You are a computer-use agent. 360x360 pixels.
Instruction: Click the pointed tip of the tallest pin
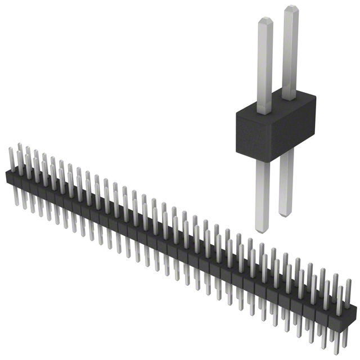click(x=291, y=7)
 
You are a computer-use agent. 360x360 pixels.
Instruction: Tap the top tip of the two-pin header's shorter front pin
click(x=265, y=21)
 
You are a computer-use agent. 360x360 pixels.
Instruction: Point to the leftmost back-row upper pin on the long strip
click(x=19, y=153)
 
